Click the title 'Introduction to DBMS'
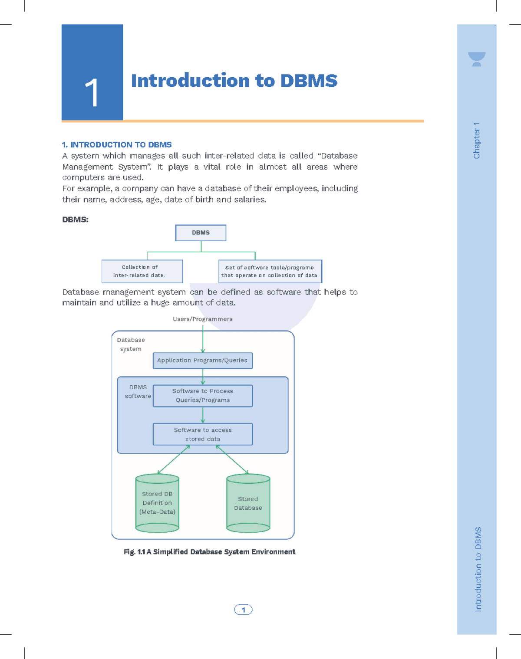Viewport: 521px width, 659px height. pos(234,81)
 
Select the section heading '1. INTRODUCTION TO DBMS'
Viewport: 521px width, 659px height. pos(117,144)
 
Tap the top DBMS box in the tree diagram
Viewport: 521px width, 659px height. pos(201,233)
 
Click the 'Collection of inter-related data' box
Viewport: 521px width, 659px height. pos(142,271)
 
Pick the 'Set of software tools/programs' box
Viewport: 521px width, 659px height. pos(270,271)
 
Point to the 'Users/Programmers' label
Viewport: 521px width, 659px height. pos(203,319)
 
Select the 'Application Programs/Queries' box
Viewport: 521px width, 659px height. pos(203,361)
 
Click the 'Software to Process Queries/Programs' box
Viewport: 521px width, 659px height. pos(203,396)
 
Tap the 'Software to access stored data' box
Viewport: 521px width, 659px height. pos(203,434)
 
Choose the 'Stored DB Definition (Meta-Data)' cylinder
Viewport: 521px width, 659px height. pos(157,503)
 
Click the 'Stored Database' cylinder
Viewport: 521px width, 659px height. pos(248,503)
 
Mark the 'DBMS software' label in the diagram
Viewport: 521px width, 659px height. pos(138,392)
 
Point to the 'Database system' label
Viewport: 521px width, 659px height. pos(131,344)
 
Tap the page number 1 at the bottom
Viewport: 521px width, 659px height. pos(243,610)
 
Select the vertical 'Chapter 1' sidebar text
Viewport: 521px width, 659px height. pos(477,141)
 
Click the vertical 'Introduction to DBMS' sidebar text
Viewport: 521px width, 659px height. pos(478,569)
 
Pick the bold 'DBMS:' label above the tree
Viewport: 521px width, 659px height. pos(75,220)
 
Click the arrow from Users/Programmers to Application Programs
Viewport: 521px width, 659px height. pos(203,339)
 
